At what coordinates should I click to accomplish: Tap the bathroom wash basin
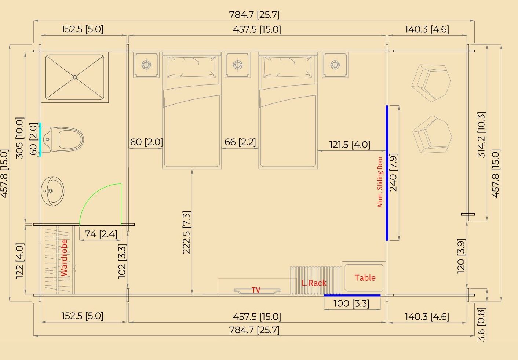pos(52,191)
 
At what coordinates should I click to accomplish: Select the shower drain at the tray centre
pos(75,77)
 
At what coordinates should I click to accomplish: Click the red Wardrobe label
pos(64,258)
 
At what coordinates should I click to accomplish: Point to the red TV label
pos(256,290)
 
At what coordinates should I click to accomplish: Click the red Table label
pos(365,278)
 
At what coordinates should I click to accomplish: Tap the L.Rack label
pos(314,283)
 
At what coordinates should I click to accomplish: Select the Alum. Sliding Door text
pos(380,182)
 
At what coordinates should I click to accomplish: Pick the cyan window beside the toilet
pos(40,140)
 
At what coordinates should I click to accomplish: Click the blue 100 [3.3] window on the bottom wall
pos(352,295)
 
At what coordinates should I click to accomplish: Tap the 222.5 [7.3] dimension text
pos(186,232)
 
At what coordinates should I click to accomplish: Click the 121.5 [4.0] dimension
pos(349,145)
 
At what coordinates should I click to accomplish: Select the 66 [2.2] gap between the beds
pos(240,142)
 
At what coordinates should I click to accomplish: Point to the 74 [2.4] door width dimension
pos(101,234)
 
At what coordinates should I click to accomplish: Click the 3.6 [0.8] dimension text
pos(481,324)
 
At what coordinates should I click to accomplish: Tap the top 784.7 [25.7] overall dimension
pos(254,15)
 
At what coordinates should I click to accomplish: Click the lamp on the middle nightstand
pos(237,65)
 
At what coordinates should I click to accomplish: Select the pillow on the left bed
pos(191,67)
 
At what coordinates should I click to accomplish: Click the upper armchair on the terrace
pos(431,83)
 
